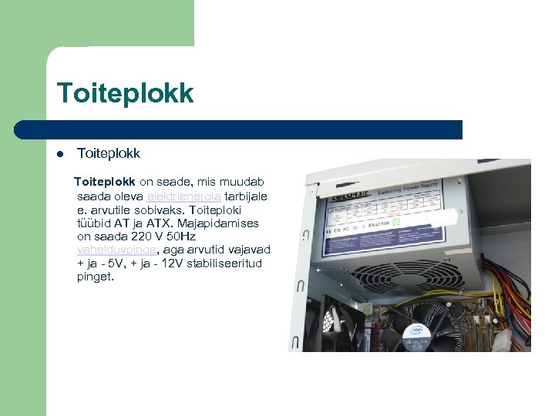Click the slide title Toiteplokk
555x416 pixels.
click(125, 93)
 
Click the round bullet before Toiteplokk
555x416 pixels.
click(59, 153)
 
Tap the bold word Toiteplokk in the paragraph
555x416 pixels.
click(104, 183)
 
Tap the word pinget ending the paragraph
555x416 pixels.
click(95, 277)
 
